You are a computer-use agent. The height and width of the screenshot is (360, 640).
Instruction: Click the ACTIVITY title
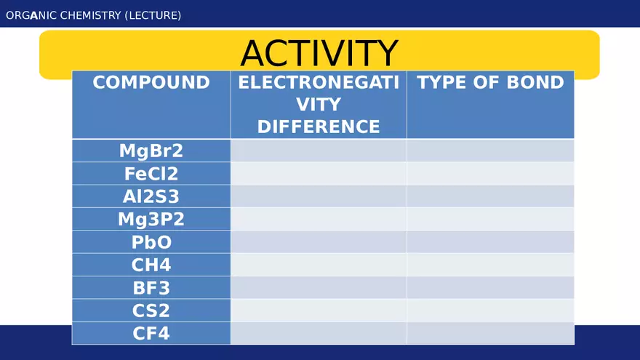[319, 53]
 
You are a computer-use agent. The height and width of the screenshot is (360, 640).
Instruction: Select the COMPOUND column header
[151, 82]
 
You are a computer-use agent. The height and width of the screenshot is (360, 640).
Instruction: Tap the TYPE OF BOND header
[490, 82]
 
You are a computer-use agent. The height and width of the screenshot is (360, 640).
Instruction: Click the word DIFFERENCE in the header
[319, 127]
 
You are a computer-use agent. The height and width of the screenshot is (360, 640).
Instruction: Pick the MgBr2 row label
[151, 151]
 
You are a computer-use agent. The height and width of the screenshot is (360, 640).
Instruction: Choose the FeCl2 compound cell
[151, 174]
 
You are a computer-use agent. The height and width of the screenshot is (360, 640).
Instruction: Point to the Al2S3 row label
[151, 196]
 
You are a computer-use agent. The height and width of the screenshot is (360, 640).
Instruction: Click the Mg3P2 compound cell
[151, 219]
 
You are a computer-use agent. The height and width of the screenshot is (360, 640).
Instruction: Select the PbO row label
[151, 242]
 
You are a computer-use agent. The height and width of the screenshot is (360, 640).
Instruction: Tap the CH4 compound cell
[151, 265]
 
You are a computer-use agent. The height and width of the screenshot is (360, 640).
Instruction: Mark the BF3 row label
[151, 288]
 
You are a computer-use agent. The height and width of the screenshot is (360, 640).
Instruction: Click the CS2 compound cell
[151, 311]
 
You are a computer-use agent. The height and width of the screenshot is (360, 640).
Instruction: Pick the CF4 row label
[151, 334]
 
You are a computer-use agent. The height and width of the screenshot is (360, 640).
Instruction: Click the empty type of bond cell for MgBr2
[490, 151]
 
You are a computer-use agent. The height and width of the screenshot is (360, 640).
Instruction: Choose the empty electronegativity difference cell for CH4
[319, 265]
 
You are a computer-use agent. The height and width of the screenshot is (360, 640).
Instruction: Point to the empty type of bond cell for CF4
[490, 334]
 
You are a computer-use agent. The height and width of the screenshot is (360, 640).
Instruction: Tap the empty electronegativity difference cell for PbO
[319, 242]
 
